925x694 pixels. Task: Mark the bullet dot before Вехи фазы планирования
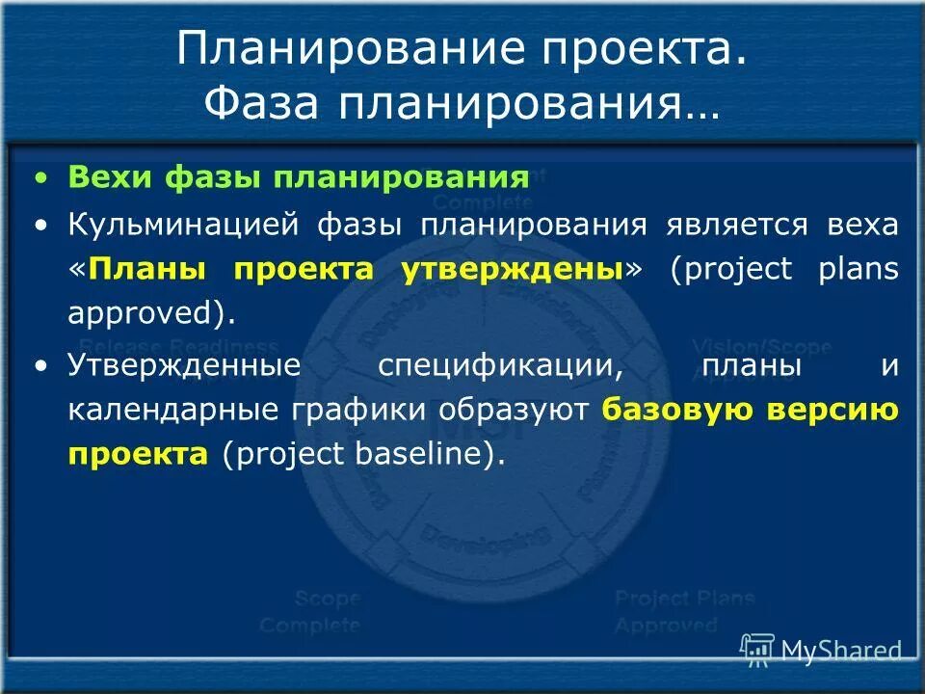point(40,178)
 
